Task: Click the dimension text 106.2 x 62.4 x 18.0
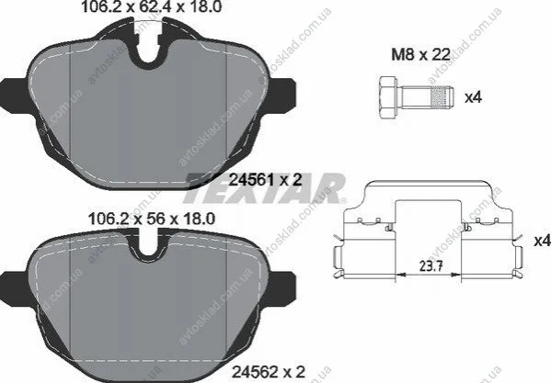[152, 7]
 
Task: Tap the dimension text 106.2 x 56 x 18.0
[152, 220]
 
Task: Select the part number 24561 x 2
[265, 180]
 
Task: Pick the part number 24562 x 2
[268, 371]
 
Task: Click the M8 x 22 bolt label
[420, 54]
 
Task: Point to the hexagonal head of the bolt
[388, 97]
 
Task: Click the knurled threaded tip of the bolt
[442, 96]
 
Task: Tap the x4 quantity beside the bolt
[473, 97]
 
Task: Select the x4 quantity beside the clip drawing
[542, 241]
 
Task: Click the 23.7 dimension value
[430, 265]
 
